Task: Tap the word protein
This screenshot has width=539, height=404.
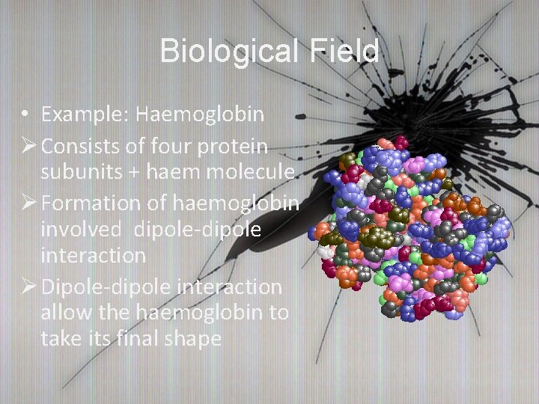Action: [x=237, y=144]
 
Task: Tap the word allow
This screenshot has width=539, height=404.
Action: [x=65, y=311]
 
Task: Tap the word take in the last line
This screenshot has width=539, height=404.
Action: [x=59, y=338]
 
